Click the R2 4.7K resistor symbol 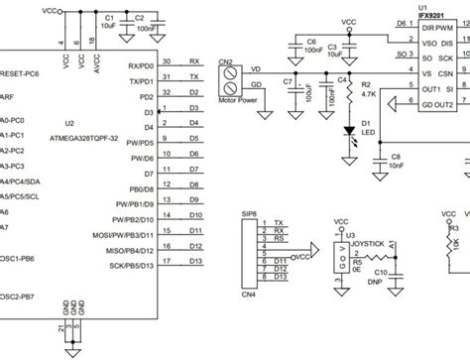(x=349, y=92)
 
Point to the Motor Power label (x=237, y=99)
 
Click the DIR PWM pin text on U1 (x=436, y=28)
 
